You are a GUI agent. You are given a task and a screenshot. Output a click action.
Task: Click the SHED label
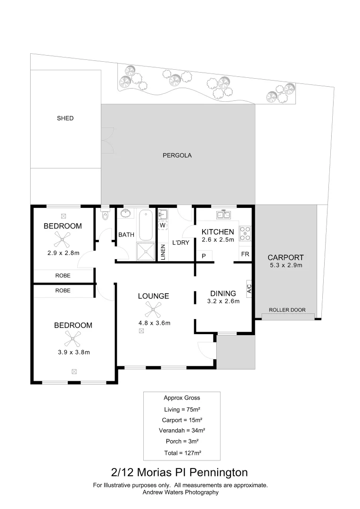(x=65, y=118)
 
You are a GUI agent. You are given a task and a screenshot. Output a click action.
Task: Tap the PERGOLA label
(x=177, y=155)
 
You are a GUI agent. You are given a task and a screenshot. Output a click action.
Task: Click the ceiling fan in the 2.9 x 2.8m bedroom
(x=62, y=239)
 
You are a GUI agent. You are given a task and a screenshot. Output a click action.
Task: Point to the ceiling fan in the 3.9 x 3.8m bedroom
(x=73, y=338)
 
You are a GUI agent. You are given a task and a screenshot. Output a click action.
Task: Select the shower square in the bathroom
(x=146, y=251)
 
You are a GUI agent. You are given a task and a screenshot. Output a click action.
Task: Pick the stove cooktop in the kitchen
(x=245, y=234)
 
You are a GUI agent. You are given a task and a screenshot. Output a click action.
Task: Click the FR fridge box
(x=245, y=254)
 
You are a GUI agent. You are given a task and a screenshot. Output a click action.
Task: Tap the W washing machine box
(x=163, y=225)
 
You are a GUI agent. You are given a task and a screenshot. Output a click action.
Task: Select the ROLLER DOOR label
(x=287, y=310)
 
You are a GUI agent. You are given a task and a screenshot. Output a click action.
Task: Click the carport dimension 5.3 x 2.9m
(x=286, y=265)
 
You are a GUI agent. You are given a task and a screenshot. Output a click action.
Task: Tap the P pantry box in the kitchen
(x=204, y=256)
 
